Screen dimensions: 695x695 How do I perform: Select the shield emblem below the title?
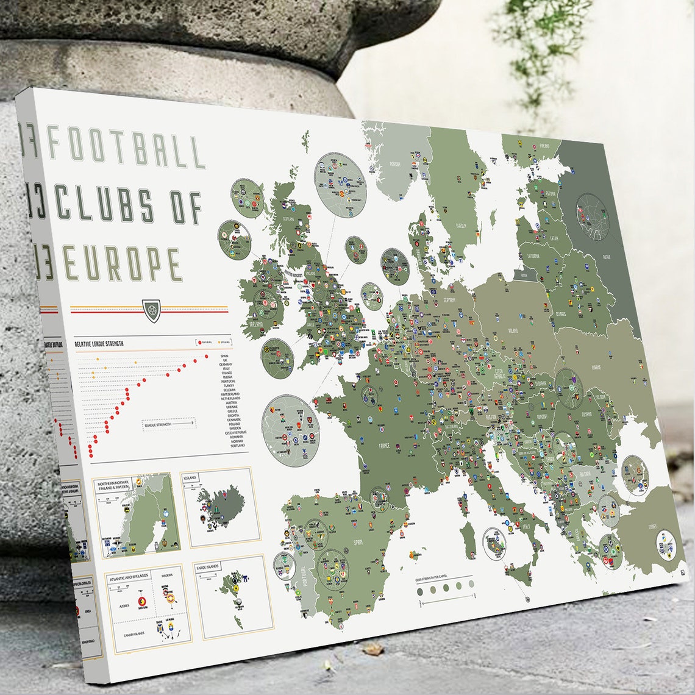coord(150,310)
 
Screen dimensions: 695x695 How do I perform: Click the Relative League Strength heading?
coord(99,344)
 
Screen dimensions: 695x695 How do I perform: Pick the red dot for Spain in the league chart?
coord(207,356)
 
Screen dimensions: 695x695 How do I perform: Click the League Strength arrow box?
coord(169,422)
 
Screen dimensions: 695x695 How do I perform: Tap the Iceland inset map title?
coord(190,479)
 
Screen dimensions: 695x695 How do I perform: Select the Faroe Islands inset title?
coord(210,567)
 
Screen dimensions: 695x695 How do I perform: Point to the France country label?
coord(384,446)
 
